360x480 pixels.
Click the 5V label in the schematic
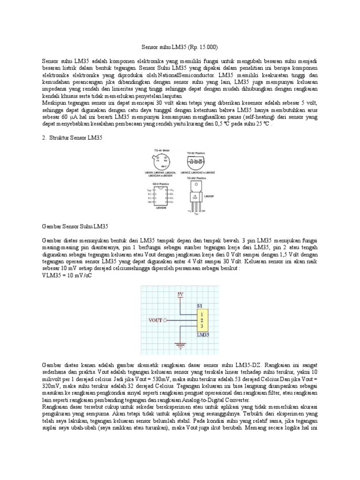(x=180, y=295)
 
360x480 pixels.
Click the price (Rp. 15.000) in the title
(x=202, y=48)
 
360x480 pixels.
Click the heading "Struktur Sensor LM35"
(x=75, y=138)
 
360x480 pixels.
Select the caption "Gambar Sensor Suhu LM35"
(x=75, y=226)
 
